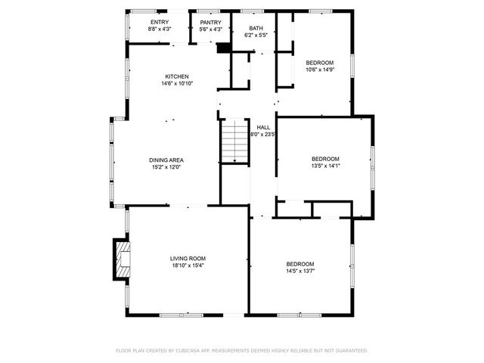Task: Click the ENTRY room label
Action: (x=160, y=22)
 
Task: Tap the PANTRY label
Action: (x=210, y=22)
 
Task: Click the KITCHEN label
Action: (x=177, y=76)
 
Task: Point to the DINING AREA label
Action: (x=166, y=160)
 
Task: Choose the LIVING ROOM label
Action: (x=187, y=259)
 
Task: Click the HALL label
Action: (x=263, y=127)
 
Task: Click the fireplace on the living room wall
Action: (x=121, y=259)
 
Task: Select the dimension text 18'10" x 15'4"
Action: (x=187, y=265)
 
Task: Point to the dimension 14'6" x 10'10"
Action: (x=177, y=83)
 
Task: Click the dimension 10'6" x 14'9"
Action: (x=319, y=70)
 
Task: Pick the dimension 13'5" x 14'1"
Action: (x=326, y=166)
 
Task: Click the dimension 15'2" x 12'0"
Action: (x=166, y=166)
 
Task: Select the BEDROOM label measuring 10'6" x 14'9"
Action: (x=319, y=63)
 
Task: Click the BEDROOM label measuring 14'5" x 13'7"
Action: (x=300, y=264)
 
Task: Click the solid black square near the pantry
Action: (x=222, y=48)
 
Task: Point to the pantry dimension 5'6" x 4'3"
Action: (x=210, y=29)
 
